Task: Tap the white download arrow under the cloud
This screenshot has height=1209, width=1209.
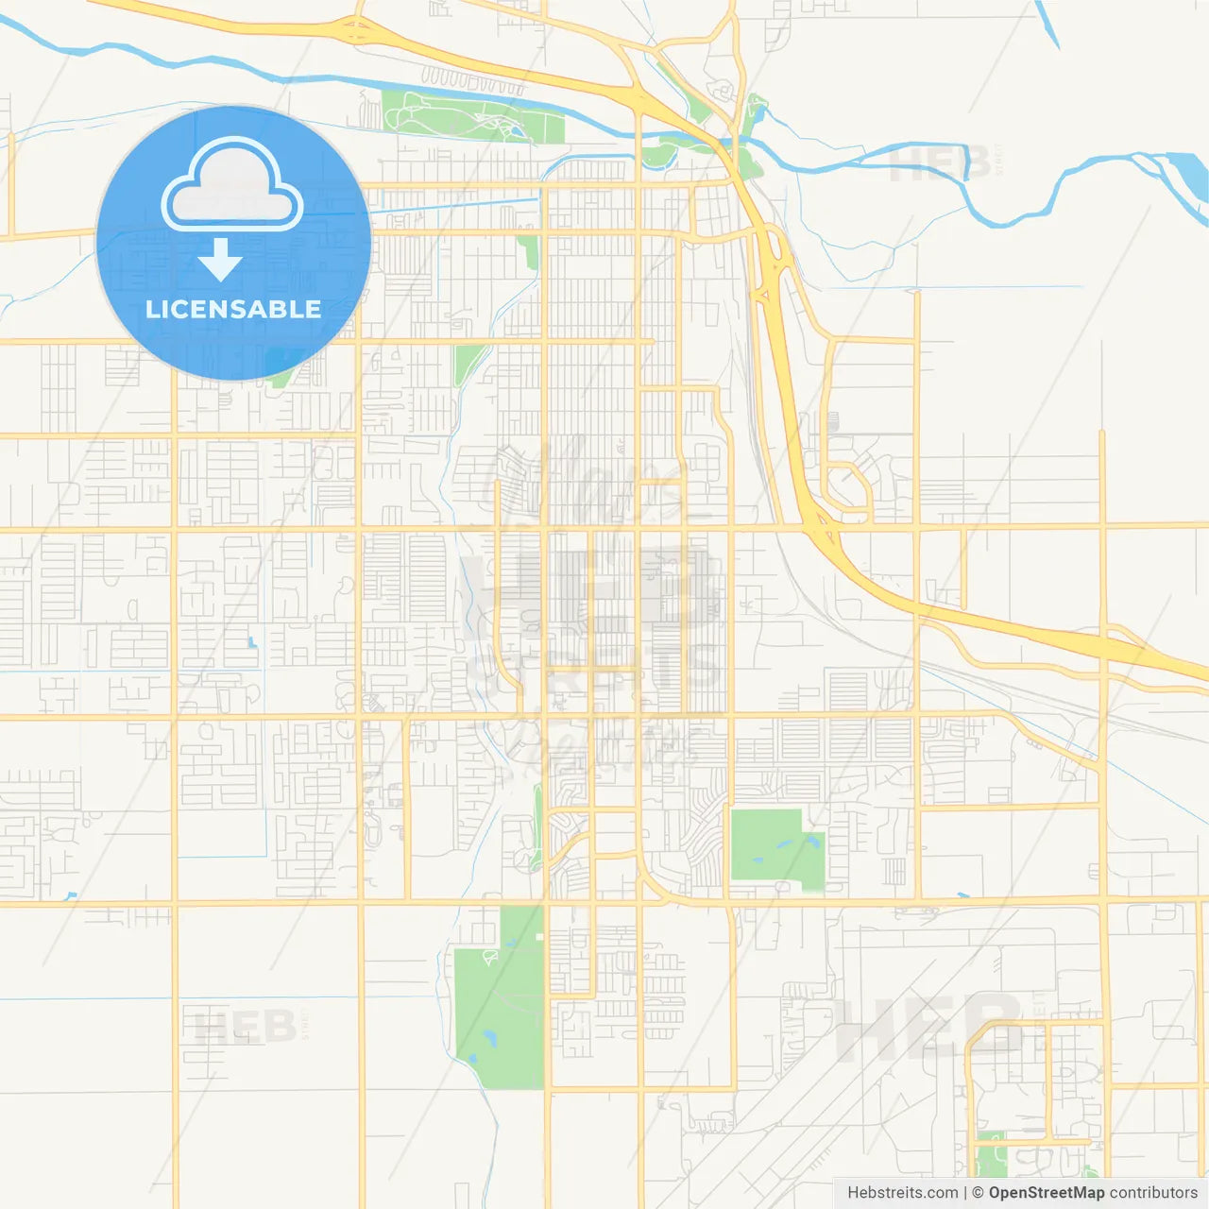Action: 221,259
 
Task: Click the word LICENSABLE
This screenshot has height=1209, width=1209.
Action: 233,309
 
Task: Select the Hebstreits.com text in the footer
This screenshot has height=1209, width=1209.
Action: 902,1193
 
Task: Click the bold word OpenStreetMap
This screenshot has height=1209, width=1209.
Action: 1047,1193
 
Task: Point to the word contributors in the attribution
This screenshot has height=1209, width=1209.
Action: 1153,1193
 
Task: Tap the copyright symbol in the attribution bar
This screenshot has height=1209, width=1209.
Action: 979,1193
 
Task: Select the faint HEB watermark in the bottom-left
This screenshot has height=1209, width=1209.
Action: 246,1026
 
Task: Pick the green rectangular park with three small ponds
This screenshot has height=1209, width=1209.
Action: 776,848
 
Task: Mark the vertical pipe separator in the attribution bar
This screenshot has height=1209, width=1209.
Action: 965,1193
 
